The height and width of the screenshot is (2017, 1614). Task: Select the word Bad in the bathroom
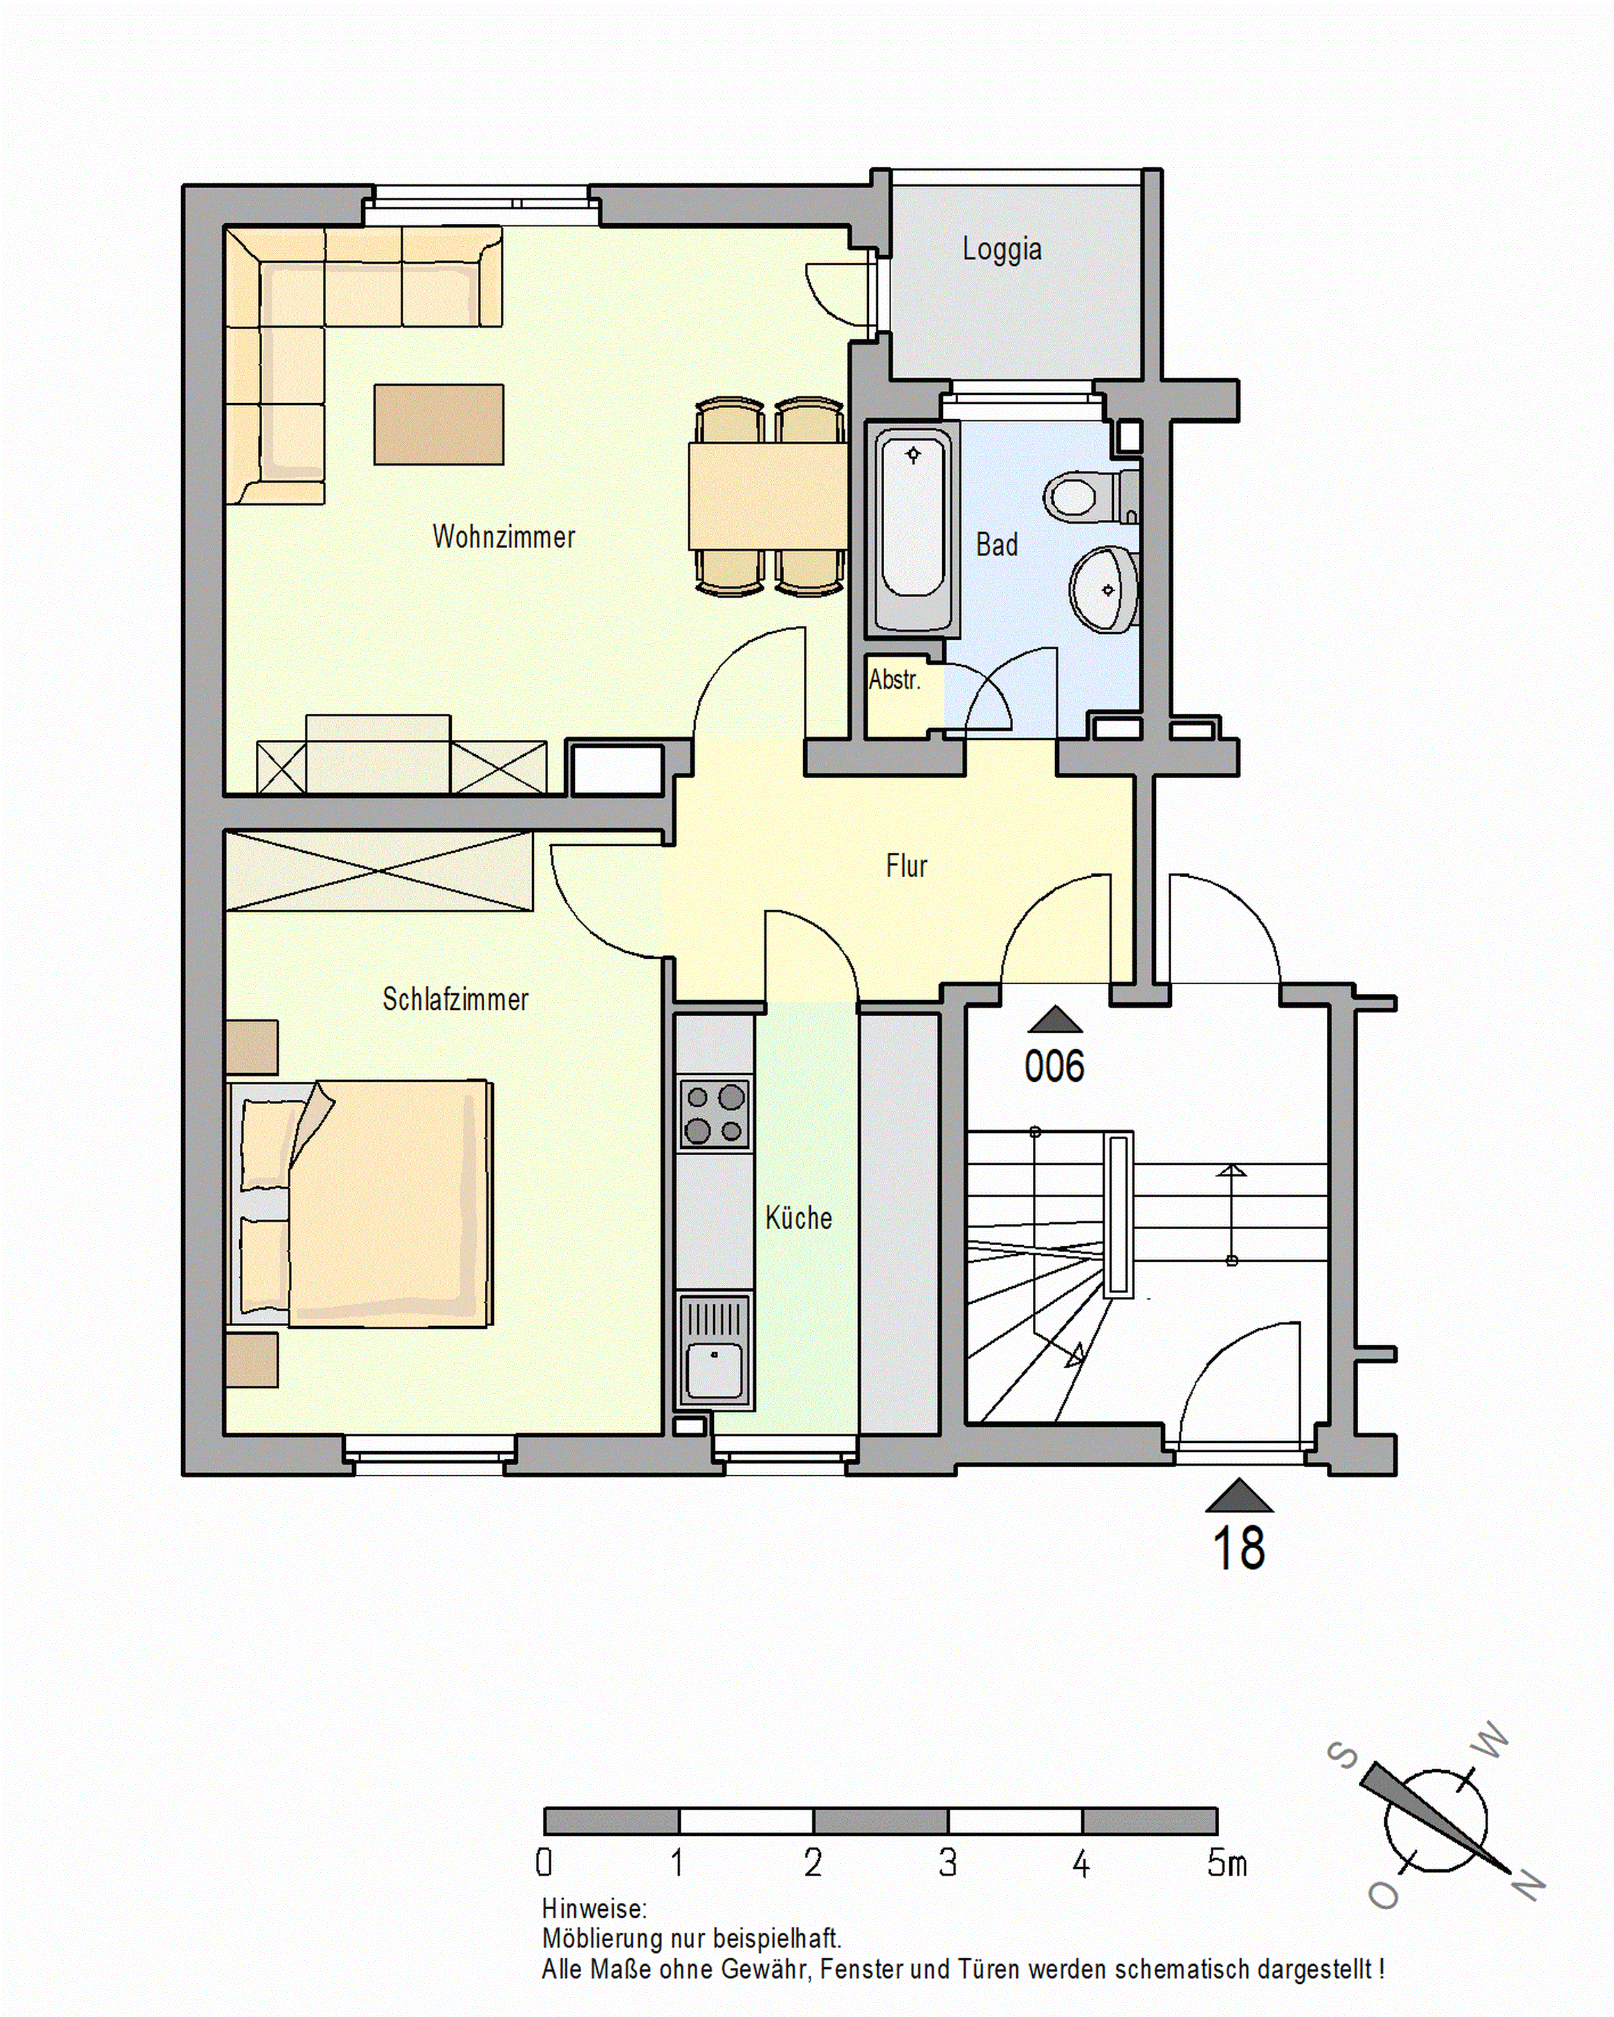(996, 545)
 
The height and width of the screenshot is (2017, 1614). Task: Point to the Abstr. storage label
(894, 679)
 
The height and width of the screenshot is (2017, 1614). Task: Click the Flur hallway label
(906, 866)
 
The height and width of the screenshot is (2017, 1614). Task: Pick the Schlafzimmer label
(455, 999)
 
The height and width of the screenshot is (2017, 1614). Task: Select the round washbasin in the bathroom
(1104, 590)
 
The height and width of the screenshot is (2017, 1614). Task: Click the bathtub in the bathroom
(913, 529)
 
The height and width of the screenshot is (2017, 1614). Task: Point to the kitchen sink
(715, 1350)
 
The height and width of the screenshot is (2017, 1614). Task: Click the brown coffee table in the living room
(439, 424)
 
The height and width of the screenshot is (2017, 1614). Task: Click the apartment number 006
(1055, 1067)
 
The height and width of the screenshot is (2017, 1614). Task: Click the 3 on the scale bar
(948, 1863)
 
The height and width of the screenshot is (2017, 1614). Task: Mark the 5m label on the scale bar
(1227, 1863)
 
